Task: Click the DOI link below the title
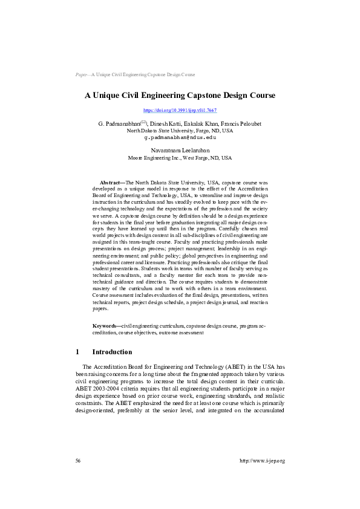tap(180, 111)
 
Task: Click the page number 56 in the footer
tap(78, 461)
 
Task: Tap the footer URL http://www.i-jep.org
tap(262, 461)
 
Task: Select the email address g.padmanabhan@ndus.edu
tap(180, 137)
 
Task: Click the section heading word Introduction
tap(112, 352)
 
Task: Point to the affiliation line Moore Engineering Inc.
tap(180, 158)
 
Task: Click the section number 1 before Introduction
tap(77, 352)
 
